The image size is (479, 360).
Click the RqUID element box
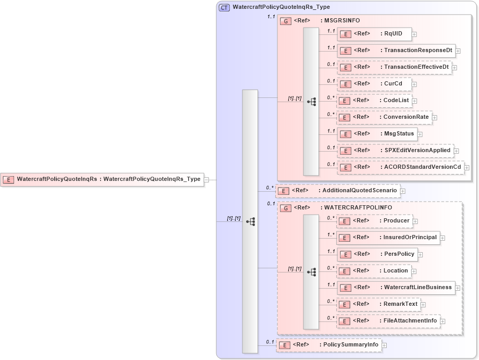(374, 34)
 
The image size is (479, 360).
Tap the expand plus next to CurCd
(414, 84)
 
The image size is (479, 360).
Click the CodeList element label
(396, 101)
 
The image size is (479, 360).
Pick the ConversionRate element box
(385, 117)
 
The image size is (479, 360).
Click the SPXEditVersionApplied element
(395, 151)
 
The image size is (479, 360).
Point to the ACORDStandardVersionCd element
(400, 167)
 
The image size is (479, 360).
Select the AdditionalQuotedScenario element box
(338, 191)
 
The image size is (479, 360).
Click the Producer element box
(374, 221)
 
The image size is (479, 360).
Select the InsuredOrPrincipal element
(388, 238)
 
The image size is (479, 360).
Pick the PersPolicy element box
(377, 254)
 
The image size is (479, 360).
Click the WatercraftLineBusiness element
(396, 288)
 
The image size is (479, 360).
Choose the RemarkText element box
(378, 304)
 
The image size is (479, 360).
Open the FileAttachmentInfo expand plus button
(443, 321)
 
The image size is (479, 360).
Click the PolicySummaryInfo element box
(328, 345)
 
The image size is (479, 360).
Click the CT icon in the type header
(224, 8)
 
